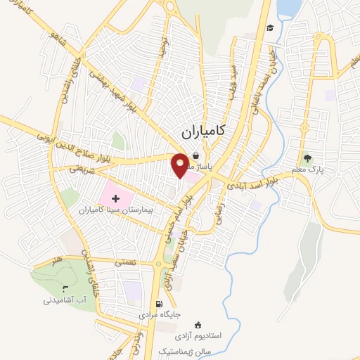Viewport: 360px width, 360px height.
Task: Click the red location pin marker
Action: tap(181, 165)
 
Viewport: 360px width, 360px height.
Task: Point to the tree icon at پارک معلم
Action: tap(306, 158)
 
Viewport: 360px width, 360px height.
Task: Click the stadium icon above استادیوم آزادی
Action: tap(198, 324)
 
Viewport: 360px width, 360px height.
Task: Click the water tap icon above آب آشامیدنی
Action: tap(64, 288)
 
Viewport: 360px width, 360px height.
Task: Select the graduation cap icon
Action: tap(270, 28)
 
